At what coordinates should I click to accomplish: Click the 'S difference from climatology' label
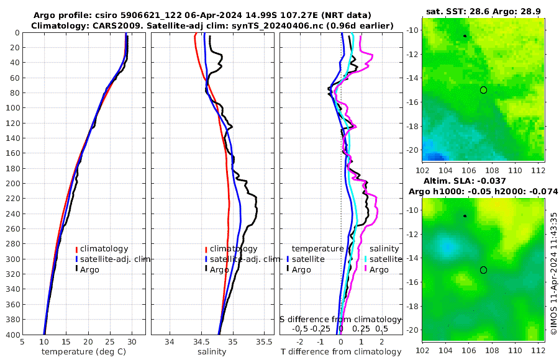click(x=340, y=319)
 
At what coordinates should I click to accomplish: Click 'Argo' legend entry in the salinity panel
click(x=219, y=269)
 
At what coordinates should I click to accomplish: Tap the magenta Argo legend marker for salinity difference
click(x=366, y=269)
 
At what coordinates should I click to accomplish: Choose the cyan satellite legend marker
click(x=366, y=259)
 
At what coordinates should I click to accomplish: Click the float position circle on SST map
click(x=483, y=90)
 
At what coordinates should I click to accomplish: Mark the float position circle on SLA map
click(x=483, y=270)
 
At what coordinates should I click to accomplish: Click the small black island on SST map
click(x=465, y=35)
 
